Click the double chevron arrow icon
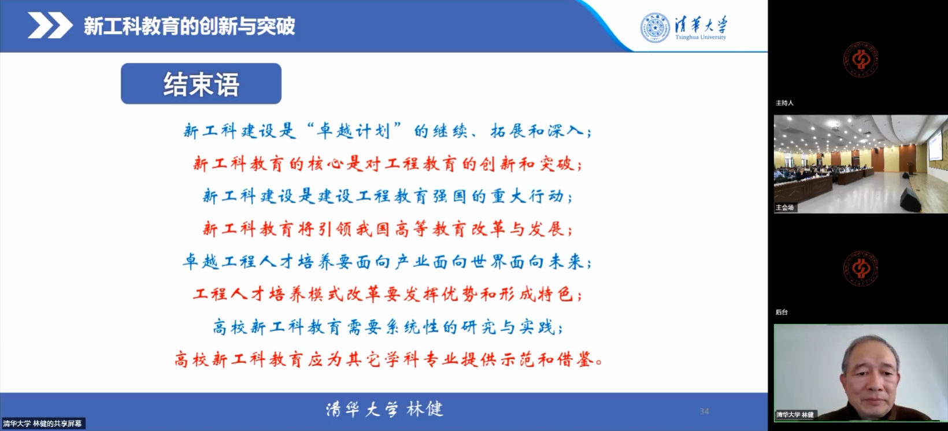[x=50, y=25]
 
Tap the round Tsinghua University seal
[x=655, y=28]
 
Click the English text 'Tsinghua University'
[x=701, y=37]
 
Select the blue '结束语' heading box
[x=201, y=83]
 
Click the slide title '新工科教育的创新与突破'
[x=189, y=26]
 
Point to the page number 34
[x=704, y=411]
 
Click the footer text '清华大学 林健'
[x=384, y=409]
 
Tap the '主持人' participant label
[x=784, y=103]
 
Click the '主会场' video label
[x=784, y=207]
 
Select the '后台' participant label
[x=782, y=312]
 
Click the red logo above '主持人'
[x=861, y=60]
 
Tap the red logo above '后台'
[x=861, y=269]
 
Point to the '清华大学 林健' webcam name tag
[x=795, y=414]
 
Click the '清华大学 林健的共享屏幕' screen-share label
[x=42, y=423]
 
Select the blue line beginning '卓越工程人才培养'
[x=387, y=262]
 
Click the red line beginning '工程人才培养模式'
[x=387, y=295]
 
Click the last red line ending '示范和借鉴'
[x=388, y=359]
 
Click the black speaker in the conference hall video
[x=910, y=199]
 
